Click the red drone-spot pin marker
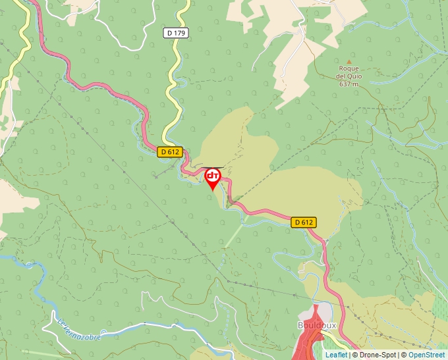pyautogui.click(x=213, y=177)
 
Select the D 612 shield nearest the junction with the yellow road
pyautogui.click(x=169, y=152)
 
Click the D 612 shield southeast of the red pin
pyautogui.click(x=303, y=222)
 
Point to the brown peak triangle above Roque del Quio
pyautogui.click(x=349, y=61)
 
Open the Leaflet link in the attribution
pyautogui.click(x=336, y=355)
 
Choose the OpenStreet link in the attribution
pyautogui.click(x=427, y=355)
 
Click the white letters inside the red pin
pyautogui.click(x=213, y=176)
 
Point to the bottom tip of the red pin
pyautogui.click(x=213, y=191)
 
